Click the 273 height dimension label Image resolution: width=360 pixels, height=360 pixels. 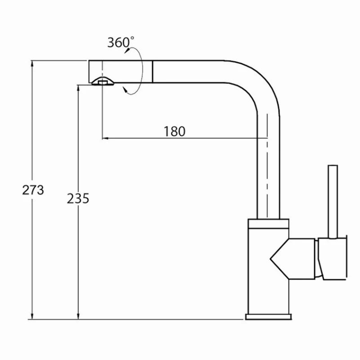pos(33,190)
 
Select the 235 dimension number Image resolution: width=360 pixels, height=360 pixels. pos(78,198)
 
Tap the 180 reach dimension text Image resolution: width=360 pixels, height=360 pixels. pos(174,131)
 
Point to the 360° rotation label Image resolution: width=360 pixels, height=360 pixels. pos(120,42)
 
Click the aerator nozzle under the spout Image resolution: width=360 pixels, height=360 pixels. pos(103,81)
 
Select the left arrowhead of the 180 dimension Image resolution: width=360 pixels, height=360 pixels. pos(105,139)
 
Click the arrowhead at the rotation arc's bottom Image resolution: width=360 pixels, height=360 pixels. pos(127,92)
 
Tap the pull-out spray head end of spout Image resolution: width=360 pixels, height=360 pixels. pos(121,72)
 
